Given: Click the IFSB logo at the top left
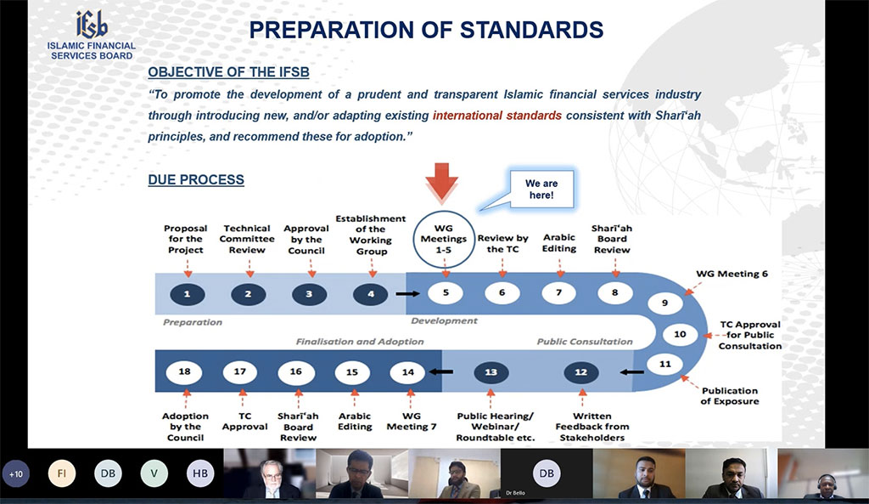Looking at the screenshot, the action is (x=92, y=36).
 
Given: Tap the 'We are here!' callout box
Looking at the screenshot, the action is (x=541, y=190).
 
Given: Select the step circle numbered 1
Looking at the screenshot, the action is (x=188, y=294).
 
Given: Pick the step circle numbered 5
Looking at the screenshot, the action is (x=446, y=293).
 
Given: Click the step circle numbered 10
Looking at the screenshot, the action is (x=680, y=334).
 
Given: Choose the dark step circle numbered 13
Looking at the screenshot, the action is (x=491, y=372).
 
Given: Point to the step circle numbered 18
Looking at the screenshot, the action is (x=184, y=372).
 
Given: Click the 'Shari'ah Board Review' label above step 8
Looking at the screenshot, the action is (x=612, y=239).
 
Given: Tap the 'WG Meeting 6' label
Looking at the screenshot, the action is (x=732, y=274).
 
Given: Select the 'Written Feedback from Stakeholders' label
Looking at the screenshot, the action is (x=591, y=427).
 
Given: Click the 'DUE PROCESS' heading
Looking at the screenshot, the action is (x=196, y=180).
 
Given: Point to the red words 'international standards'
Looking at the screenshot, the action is (x=497, y=116).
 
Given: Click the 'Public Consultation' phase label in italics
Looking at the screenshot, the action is (x=585, y=342).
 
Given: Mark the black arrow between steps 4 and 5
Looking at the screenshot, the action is (x=407, y=293).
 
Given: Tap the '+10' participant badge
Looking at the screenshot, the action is (x=15, y=474).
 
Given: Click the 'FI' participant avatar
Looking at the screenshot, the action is (x=61, y=473).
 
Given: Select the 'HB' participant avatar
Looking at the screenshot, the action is (x=200, y=473).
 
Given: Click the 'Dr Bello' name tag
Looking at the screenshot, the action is (x=515, y=493).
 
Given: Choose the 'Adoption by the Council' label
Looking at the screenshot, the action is (x=185, y=427).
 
